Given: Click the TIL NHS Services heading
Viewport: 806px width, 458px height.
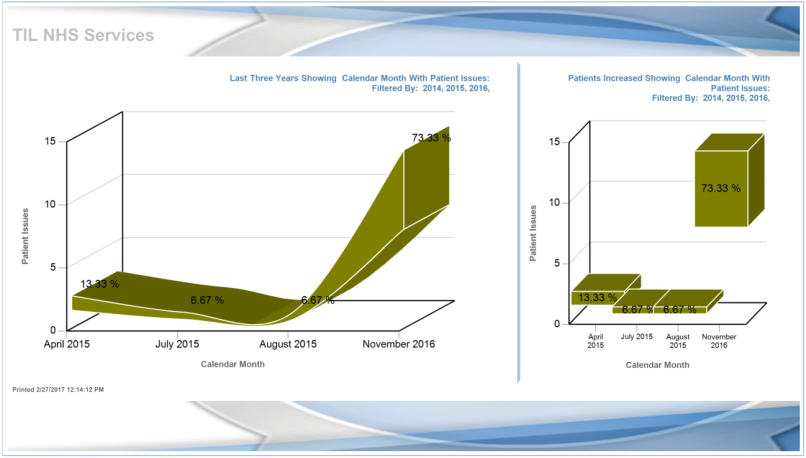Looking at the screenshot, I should pyautogui.click(x=83, y=35).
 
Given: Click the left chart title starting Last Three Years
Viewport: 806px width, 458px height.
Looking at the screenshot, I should pyautogui.click(x=359, y=82).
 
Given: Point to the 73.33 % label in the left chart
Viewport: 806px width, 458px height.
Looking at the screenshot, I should pyautogui.click(x=431, y=138).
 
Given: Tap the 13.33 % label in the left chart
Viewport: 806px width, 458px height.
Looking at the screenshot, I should pyautogui.click(x=100, y=284).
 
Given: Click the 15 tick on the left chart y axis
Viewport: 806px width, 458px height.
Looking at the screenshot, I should pyautogui.click(x=50, y=141).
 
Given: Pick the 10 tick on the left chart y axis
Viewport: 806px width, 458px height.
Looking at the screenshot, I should pyautogui.click(x=50, y=204).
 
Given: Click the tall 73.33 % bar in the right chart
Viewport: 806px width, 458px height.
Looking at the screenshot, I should pyautogui.click(x=721, y=188).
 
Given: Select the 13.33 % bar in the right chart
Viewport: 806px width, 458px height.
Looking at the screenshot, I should pyautogui.click(x=598, y=296).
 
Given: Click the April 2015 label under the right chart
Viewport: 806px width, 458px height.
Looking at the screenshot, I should pyautogui.click(x=596, y=341).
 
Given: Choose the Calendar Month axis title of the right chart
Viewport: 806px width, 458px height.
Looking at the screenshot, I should pyautogui.click(x=657, y=365).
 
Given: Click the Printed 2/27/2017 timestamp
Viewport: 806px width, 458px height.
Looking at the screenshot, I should pyautogui.click(x=58, y=388).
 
